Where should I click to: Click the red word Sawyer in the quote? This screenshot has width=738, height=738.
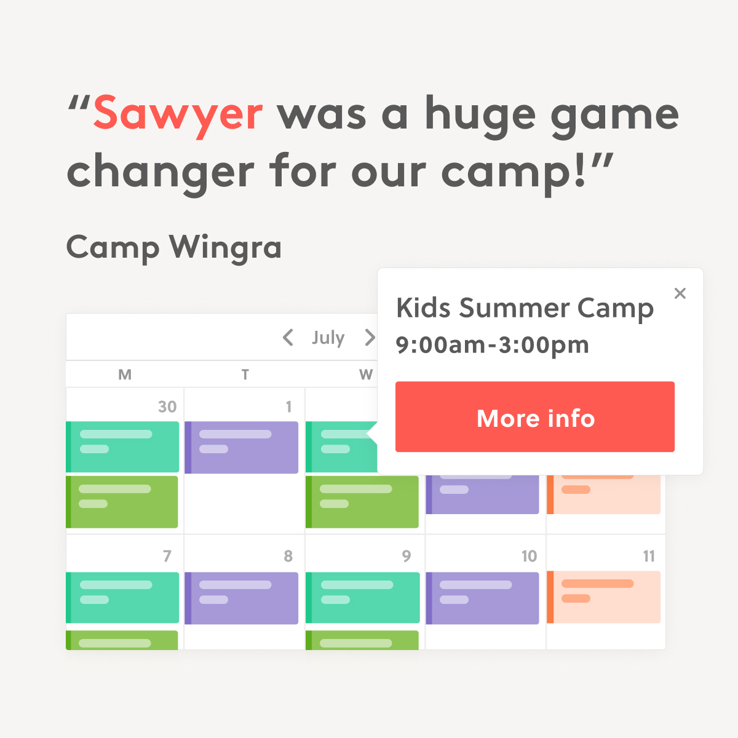(178, 116)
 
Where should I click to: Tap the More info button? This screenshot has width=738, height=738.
(534, 417)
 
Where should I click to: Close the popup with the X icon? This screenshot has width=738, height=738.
(680, 293)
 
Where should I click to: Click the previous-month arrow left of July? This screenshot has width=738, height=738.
(288, 338)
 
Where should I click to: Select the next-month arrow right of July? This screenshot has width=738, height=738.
(370, 338)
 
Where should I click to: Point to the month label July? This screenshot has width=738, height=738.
(328, 338)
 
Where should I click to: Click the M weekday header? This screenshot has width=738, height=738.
(125, 374)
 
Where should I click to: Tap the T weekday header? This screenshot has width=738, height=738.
(245, 374)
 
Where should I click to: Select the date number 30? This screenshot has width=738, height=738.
(167, 407)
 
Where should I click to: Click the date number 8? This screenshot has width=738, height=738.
(288, 556)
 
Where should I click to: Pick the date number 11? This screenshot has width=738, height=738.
(649, 556)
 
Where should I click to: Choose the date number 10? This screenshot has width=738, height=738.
(530, 556)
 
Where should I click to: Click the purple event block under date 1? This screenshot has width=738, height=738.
(241, 447)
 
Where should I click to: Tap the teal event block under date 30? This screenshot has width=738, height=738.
(122, 447)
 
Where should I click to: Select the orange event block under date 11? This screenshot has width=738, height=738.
(603, 597)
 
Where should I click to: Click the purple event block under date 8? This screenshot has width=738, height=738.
(241, 598)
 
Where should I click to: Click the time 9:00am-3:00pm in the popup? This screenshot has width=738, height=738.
(492, 346)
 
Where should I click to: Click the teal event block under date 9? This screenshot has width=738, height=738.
(362, 597)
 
